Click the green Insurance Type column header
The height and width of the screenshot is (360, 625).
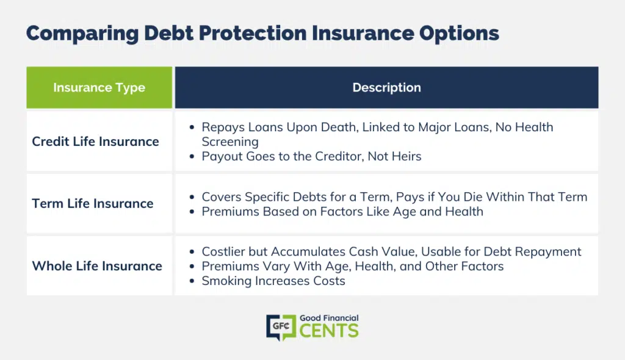tap(99, 87)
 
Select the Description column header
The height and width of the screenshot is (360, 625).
tap(386, 87)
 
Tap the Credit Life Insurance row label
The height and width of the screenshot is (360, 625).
tap(95, 142)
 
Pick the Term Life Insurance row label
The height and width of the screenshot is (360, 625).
tap(93, 203)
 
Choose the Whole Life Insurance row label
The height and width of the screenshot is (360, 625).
tap(97, 266)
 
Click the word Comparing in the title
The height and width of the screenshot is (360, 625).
tap(82, 34)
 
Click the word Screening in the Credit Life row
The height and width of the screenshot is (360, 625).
tap(230, 142)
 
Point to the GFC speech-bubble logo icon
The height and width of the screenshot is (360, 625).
tap(281, 327)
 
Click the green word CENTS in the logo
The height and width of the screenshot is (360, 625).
tap(329, 331)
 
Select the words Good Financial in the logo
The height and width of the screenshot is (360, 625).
tap(329, 318)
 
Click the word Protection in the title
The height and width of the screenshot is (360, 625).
tap(253, 33)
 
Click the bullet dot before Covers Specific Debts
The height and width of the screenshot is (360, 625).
tap(192, 197)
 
